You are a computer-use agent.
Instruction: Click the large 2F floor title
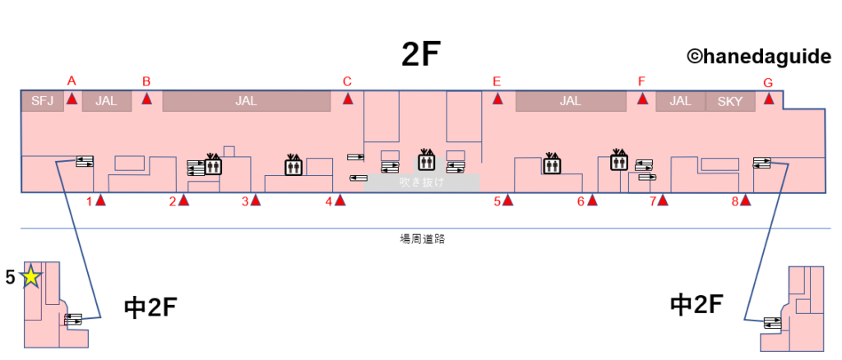coord(421,55)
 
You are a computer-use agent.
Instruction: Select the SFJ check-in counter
coord(41,101)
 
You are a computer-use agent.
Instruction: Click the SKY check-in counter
coord(729,101)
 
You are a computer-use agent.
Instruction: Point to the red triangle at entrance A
coord(72,99)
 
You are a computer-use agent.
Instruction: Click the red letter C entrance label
coord(347,81)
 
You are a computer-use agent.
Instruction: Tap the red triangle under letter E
coord(497,99)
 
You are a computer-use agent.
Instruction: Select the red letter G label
coord(768,82)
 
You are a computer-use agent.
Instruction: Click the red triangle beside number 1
coord(100,200)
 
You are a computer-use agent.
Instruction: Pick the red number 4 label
coord(328,201)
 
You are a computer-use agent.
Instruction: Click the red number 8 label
coord(735,201)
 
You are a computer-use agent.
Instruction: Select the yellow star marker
coord(30,277)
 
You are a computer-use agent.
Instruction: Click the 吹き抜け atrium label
coord(421,182)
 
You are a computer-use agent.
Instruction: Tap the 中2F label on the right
coord(696,305)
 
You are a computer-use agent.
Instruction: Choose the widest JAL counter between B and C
coord(246,101)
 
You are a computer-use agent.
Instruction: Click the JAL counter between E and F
coord(570,101)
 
